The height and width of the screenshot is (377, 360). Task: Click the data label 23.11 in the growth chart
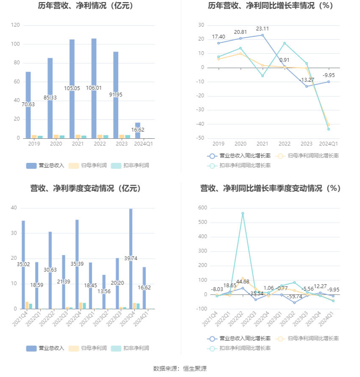click(263, 29)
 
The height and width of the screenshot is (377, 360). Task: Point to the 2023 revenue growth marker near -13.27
click(307, 86)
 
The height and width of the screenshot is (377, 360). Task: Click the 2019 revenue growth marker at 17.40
click(219, 43)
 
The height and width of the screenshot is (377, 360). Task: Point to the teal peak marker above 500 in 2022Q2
click(243, 213)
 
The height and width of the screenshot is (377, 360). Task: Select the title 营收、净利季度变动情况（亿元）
click(86, 188)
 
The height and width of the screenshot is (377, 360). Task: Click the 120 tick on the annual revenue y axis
click(15, 25)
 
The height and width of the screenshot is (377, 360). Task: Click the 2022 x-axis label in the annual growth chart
click(285, 144)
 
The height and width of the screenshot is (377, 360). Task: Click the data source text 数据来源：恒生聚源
click(180, 369)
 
